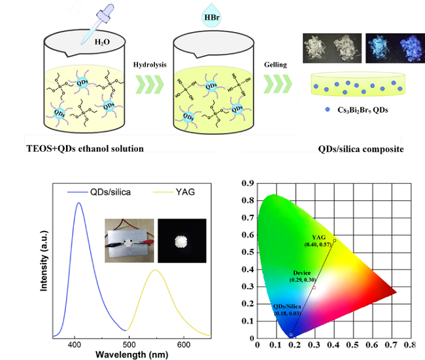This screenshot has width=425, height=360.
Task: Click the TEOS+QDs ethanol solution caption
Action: [84, 149]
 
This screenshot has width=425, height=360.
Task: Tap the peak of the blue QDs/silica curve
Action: [79, 204]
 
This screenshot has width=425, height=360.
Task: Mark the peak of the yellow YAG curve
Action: [156, 270]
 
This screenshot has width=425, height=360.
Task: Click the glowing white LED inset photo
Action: [182, 242]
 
